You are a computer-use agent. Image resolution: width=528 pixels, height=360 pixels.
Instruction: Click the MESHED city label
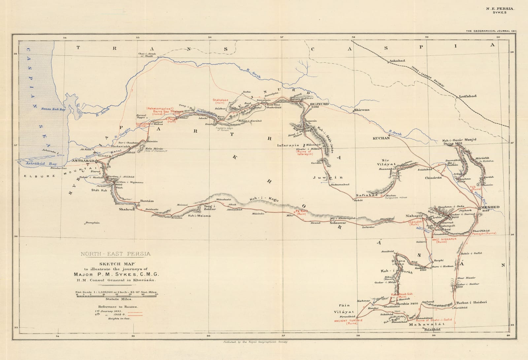(x=490, y=207)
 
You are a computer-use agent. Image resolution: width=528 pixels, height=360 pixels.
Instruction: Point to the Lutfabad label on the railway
(x=468, y=96)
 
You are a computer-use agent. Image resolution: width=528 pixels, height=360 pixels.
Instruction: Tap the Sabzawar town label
(x=338, y=223)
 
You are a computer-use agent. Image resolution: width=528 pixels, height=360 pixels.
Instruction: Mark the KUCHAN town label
(x=381, y=138)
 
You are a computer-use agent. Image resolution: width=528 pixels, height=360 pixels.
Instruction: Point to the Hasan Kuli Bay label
(x=53, y=109)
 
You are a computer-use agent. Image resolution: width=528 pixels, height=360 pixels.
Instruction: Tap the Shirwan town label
(x=361, y=110)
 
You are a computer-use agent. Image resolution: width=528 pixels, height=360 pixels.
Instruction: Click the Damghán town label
(x=92, y=223)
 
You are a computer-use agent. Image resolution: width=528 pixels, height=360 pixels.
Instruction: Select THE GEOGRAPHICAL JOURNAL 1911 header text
(x=491, y=31)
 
